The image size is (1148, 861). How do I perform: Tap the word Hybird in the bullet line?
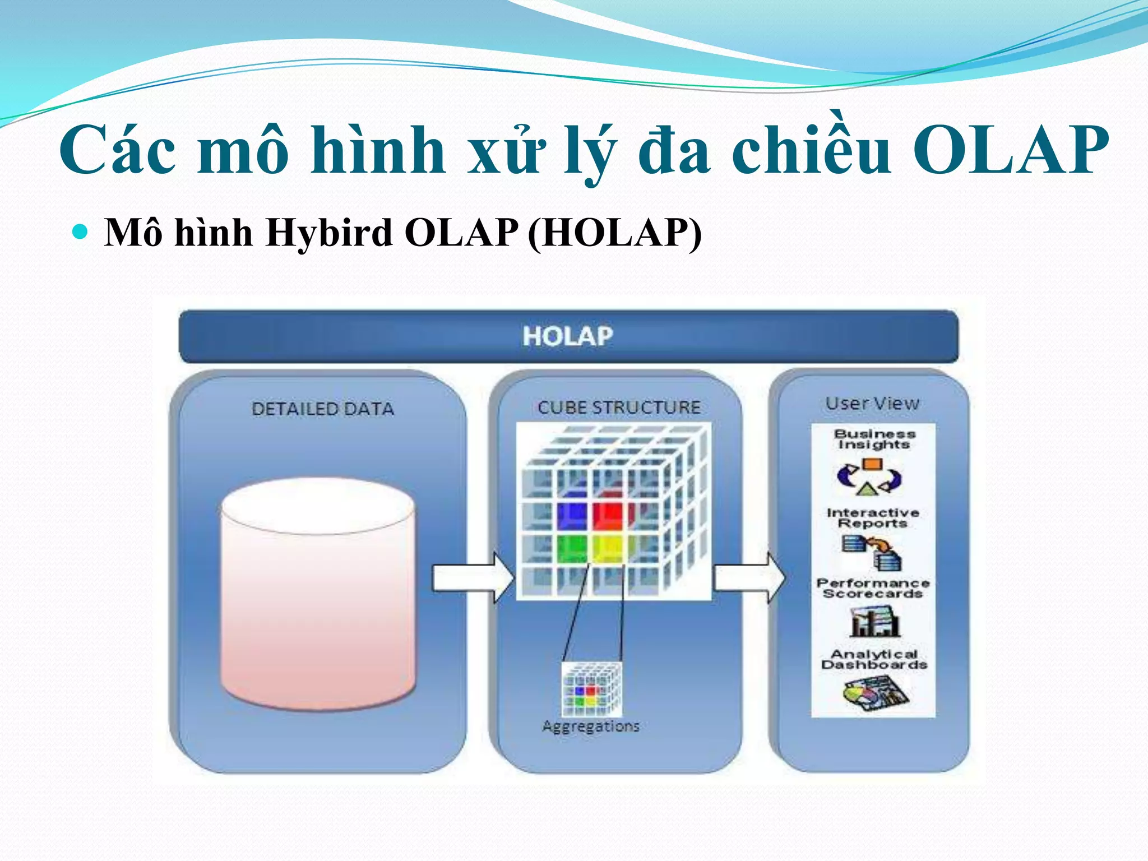[328, 232]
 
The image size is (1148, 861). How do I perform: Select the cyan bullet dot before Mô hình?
[81, 231]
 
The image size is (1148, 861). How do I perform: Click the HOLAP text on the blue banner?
[568, 336]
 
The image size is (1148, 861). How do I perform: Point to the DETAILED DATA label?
[323, 409]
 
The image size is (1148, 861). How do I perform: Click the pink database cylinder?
[318, 594]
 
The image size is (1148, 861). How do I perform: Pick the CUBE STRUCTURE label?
[619, 407]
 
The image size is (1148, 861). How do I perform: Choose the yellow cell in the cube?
[608, 548]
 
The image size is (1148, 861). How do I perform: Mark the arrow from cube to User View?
[749, 577]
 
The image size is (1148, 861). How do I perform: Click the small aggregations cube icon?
[592, 689]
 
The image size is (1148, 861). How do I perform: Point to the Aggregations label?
[591, 726]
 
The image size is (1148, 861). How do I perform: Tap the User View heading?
[872, 404]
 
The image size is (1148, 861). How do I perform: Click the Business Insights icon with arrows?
[869, 477]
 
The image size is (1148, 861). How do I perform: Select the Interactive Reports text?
[873, 518]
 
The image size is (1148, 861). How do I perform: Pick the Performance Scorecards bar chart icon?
[874, 622]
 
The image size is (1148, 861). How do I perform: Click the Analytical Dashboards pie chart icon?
[875, 693]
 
